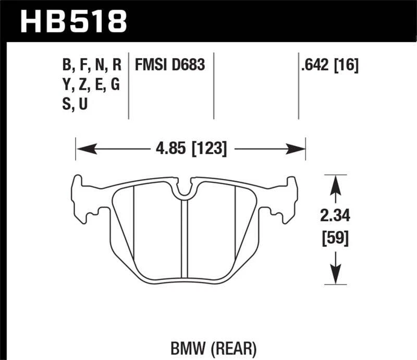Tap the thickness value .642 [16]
(328, 66)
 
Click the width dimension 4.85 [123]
(191, 149)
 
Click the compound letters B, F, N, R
(91, 65)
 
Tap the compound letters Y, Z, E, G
(91, 85)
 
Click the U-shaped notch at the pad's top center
(183, 192)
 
